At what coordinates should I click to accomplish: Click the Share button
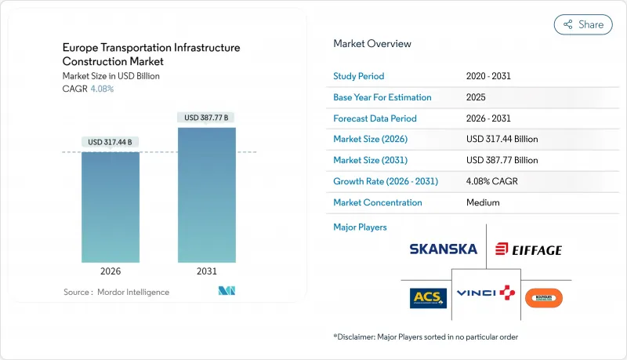coord(583,24)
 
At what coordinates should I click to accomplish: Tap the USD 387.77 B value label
coord(206,118)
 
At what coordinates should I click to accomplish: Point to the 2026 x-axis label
coord(111,272)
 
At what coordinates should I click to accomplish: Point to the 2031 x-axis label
coord(206,272)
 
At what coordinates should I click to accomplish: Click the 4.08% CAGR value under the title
coord(103,89)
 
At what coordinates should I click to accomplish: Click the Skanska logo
coord(443,249)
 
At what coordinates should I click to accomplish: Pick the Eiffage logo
coord(528,250)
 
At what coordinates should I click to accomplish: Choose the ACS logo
coord(428,297)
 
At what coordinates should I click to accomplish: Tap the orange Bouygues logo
coord(544,298)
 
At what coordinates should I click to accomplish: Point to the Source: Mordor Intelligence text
coord(116,292)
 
